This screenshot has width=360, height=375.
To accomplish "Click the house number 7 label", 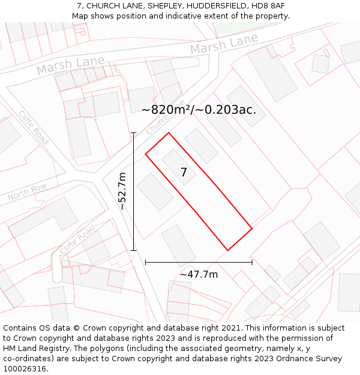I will (184, 173).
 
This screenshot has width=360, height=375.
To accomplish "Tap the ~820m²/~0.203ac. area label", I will (199, 110).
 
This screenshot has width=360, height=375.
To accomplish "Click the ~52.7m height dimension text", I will (122, 191).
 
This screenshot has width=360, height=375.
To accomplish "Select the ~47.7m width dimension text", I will (199, 275).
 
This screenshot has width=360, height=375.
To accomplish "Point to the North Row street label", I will (27, 193).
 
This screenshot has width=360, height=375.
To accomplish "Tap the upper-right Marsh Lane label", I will (224, 43).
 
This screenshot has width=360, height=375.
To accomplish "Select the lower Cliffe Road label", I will (77, 239).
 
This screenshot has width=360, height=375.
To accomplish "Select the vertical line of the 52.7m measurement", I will (133, 191).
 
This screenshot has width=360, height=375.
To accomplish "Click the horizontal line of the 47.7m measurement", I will (199, 262).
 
